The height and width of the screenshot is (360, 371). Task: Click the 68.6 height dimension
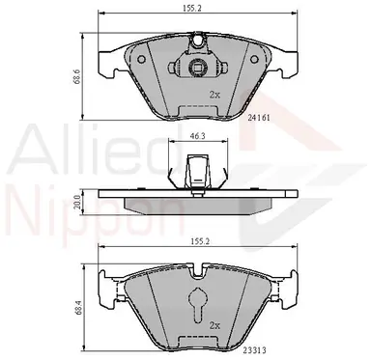point(75,77)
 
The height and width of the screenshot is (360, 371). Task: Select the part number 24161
point(259,118)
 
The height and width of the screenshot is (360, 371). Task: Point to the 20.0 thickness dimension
point(76,202)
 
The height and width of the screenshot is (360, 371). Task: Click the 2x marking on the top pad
point(214,95)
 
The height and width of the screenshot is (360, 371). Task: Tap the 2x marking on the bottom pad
point(214,325)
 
